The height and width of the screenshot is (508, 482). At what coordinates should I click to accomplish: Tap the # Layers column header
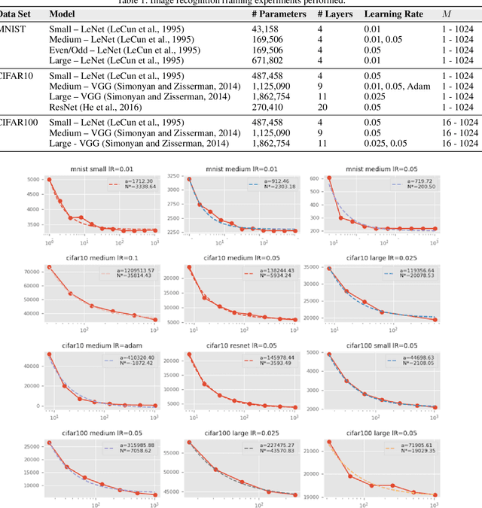click(330, 14)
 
